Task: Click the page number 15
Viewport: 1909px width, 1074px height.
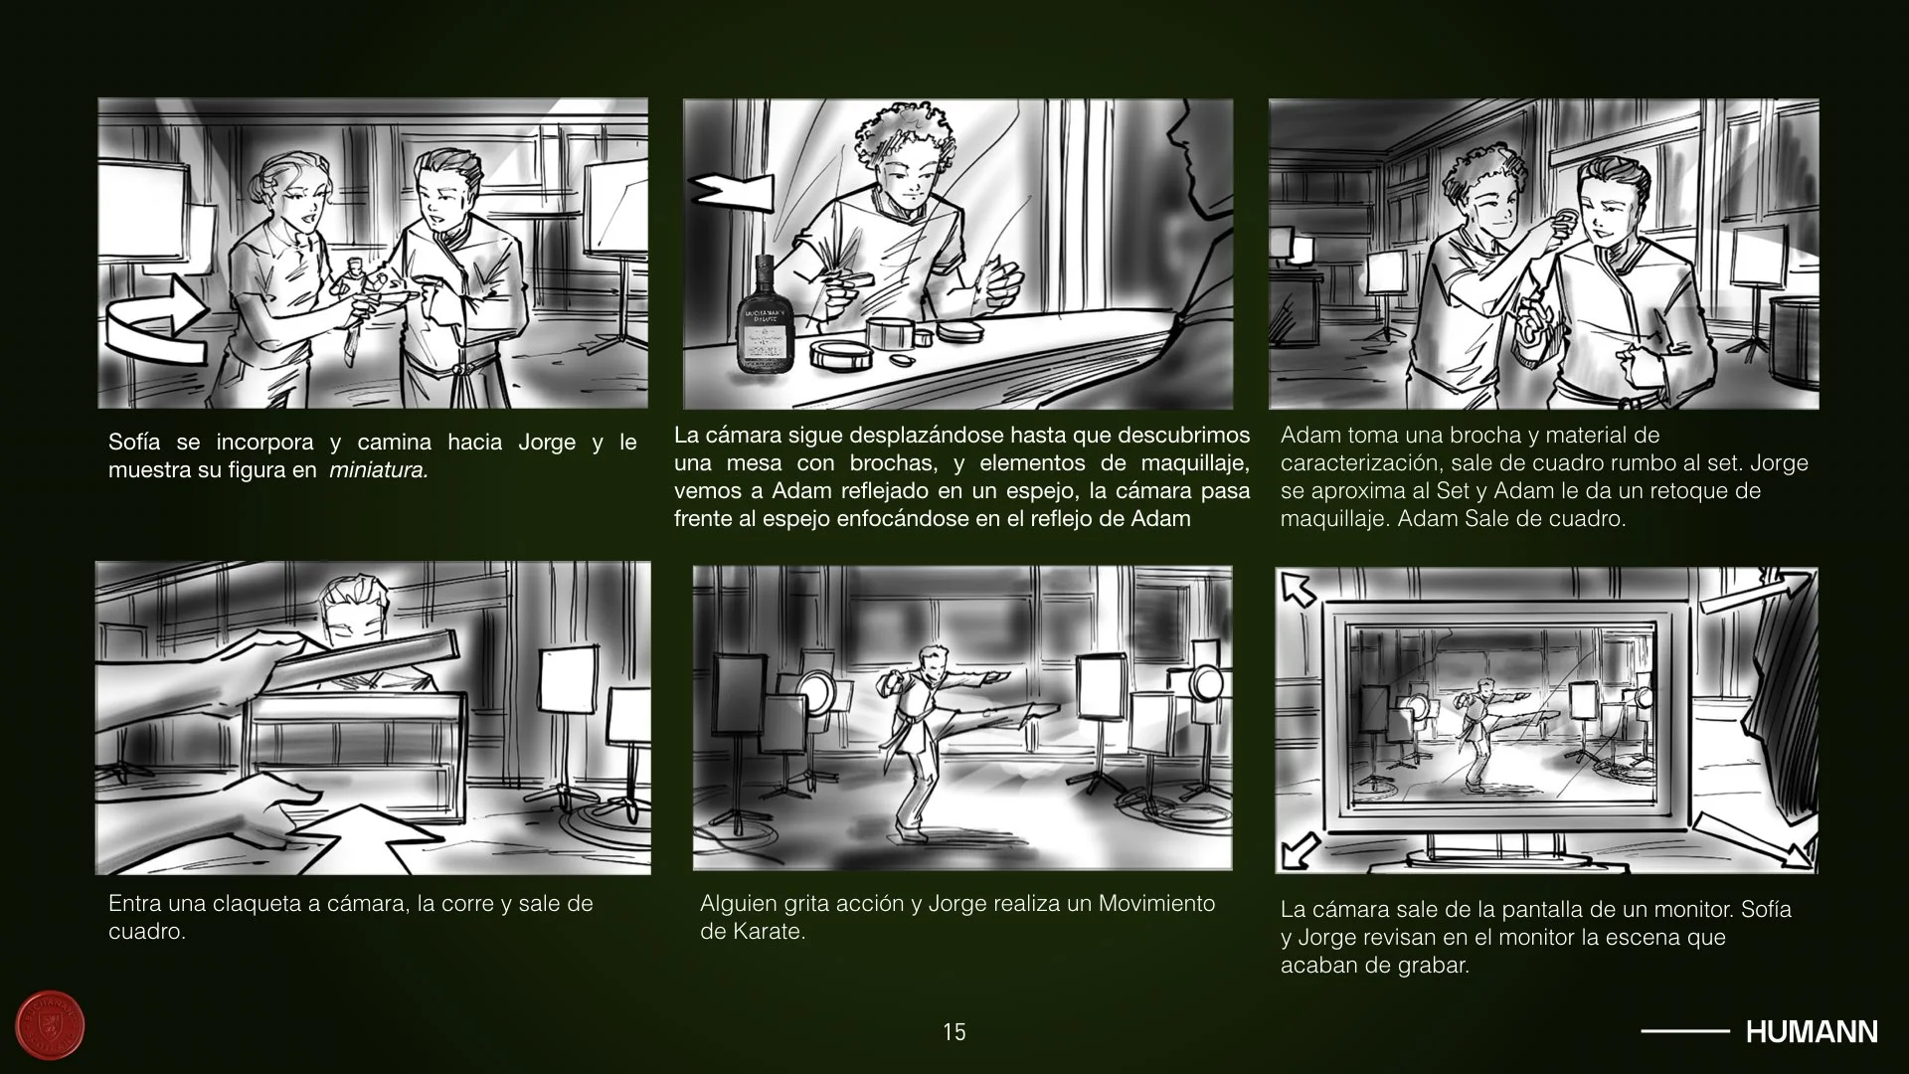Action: pyautogui.click(x=954, y=1032)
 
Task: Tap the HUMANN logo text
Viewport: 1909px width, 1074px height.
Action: pyautogui.click(x=1812, y=1032)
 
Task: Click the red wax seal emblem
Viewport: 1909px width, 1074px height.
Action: pyautogui.click(x=51, y=1025)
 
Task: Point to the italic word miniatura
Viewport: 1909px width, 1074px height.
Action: pyautogui.click(x=379, y=470)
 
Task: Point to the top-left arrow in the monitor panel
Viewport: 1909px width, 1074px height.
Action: pyautogui.click(x=1298, y=589)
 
